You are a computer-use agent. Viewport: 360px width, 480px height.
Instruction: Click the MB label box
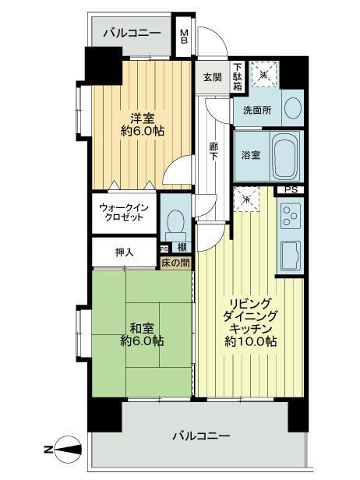pos(185,37)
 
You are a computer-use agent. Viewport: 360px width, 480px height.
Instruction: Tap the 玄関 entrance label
pos(213,76)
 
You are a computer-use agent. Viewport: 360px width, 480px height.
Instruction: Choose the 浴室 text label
pos(250,155)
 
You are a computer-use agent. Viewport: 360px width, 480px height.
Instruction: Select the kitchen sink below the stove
pos(291,253)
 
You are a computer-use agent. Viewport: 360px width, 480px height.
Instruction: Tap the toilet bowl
pos(175,223)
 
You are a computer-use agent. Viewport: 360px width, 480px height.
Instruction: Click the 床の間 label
pos(176,263)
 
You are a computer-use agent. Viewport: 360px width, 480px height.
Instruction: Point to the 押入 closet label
pos(124,252)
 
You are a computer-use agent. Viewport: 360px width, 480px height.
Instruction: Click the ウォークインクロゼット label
pos(122,212)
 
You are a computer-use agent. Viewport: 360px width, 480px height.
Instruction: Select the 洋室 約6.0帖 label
pos(141,125)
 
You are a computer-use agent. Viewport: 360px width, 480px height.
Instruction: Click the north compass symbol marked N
pos(65,448)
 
